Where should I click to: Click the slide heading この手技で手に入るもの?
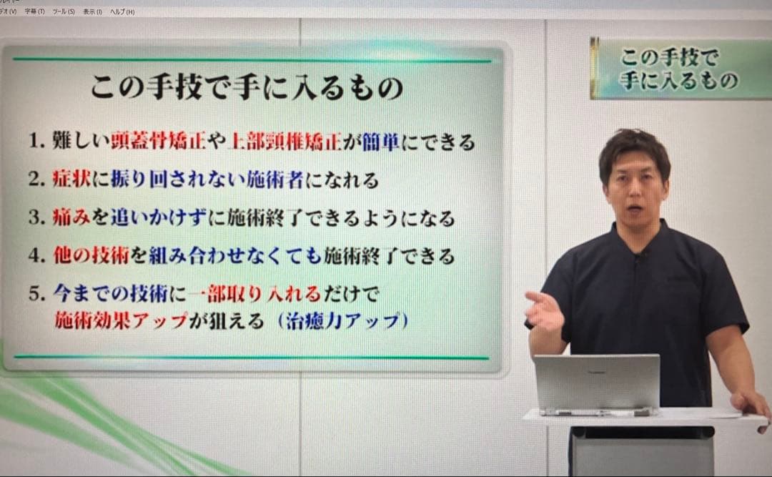point(247,88)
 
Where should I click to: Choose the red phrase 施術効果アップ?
point(121,321)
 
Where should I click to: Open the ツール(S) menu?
point(64,12)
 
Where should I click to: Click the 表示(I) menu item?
point(92,12)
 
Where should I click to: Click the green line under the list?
point(250,357)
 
